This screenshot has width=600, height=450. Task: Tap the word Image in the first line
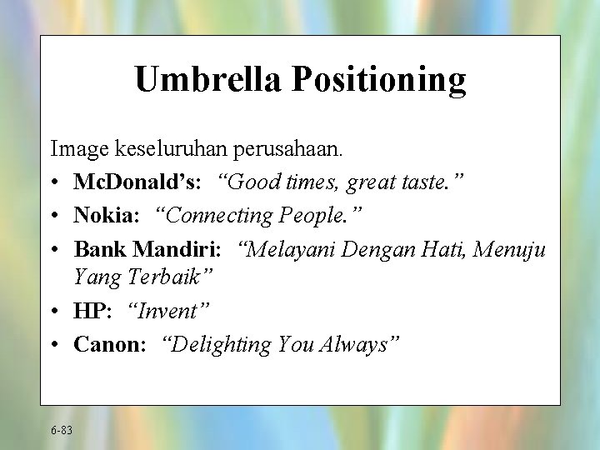(80, 151)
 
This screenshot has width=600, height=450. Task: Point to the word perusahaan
(287, 151)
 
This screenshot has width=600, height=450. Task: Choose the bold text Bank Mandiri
(147, 248)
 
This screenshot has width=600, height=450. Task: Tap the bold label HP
(90, 312)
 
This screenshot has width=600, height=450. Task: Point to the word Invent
(168, 312)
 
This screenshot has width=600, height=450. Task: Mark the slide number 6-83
(61, 430)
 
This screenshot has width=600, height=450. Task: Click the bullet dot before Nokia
(56, 216)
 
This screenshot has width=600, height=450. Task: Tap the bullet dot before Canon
(56, 345)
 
